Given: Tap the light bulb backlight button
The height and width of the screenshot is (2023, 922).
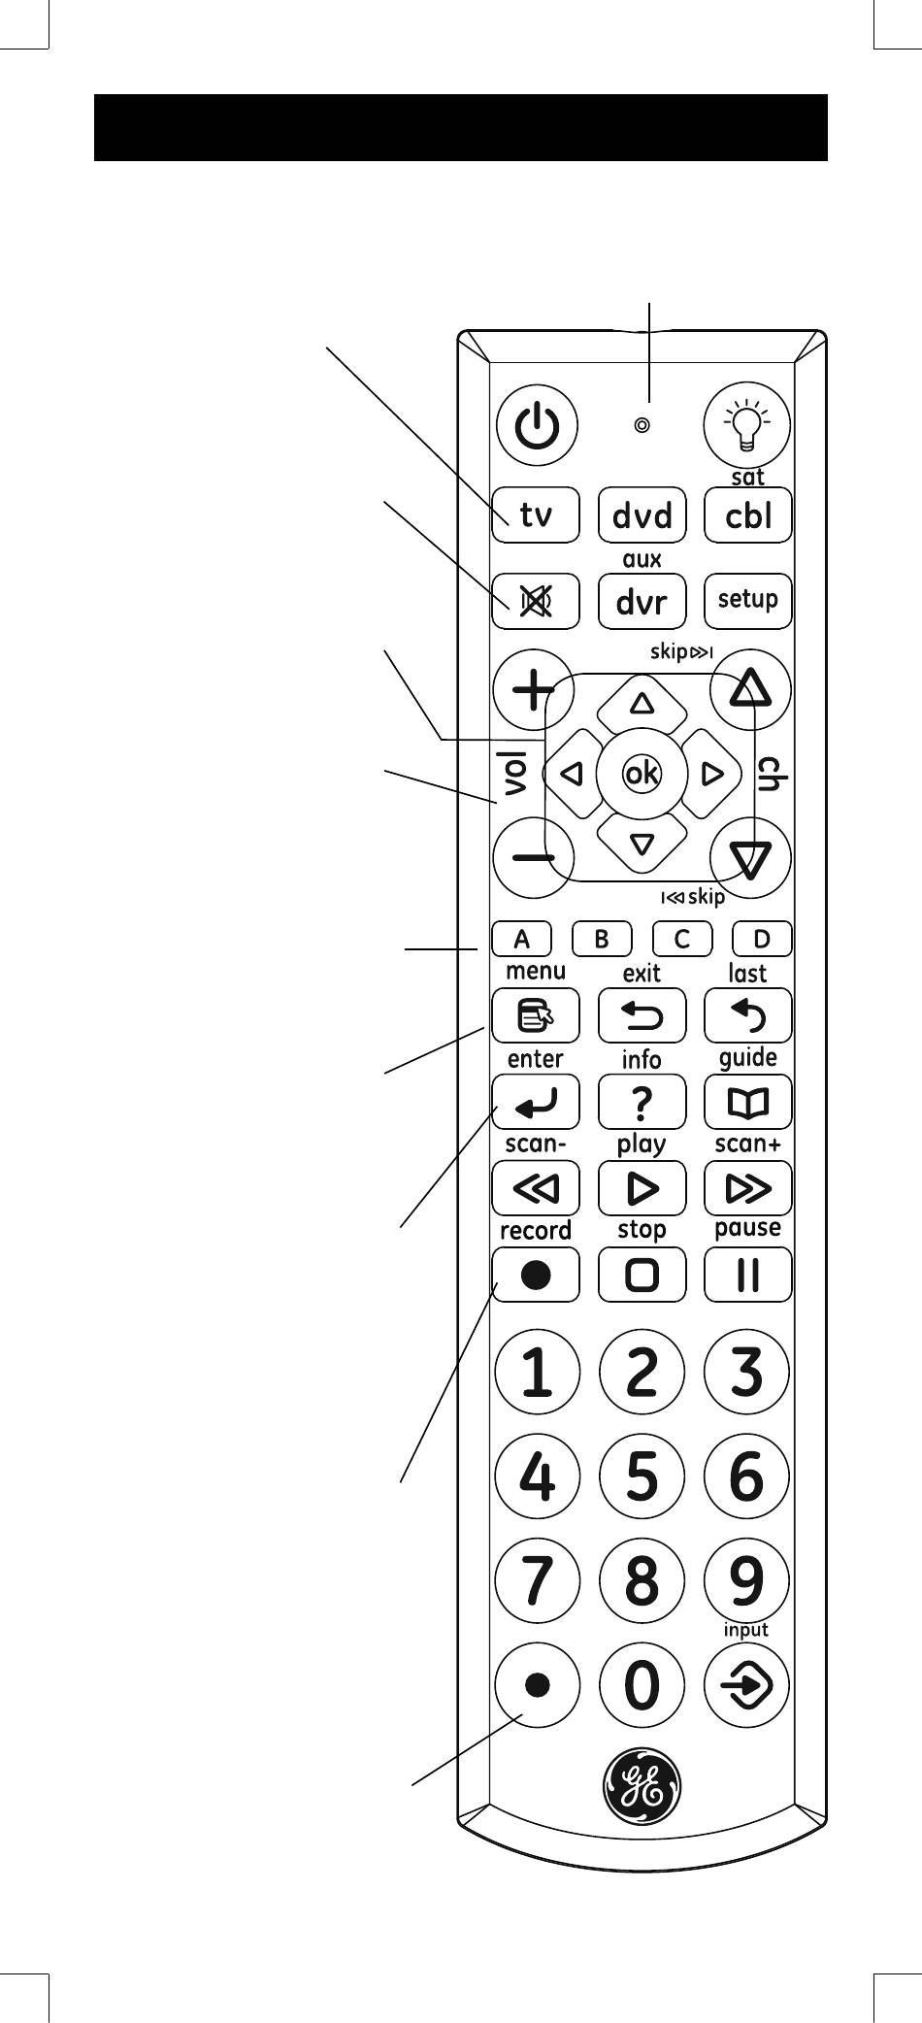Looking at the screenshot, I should pyautogui.click(x=746, y=425).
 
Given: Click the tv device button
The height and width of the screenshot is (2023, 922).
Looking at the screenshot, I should pyautogui.click(x=536, y=514).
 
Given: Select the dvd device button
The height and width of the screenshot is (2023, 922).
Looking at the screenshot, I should pyautogui.click(x=642, y=514).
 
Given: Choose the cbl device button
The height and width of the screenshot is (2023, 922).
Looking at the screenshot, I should pyautogui.click(x=747, y=514).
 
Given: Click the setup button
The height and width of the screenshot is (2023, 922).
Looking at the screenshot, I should pyautogui.click(x=747, y=600).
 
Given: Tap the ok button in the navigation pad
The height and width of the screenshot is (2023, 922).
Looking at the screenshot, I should pyautogui.click(x=642, y=774).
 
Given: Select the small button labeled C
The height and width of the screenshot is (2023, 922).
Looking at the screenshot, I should pyautogui.click(x=681, y=939).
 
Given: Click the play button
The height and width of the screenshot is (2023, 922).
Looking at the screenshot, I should pyautogui.click(x=642, y=1188).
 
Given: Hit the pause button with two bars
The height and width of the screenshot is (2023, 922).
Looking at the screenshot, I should pyautogui.click(x=747, y=1275).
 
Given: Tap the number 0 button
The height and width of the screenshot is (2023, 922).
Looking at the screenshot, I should pyautogui.click(x=642, y=1686).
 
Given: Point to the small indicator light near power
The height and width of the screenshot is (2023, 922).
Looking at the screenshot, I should pyautogui.click(x=642, y=425).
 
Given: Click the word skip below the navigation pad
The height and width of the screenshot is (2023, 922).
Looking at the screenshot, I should pyautogui.click(x=707, y=897).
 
